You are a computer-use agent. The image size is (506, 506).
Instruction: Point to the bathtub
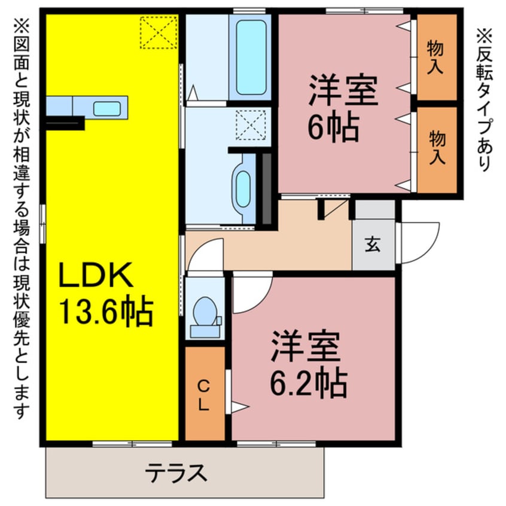tap(251, 57)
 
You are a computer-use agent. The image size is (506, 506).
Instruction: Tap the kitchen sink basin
tap(106, 108)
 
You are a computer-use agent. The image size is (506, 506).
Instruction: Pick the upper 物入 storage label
tap(435, 57)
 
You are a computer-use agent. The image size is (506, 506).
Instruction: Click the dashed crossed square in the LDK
tap(158, 33)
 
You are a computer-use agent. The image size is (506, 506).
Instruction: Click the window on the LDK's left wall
tap(42, 223)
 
